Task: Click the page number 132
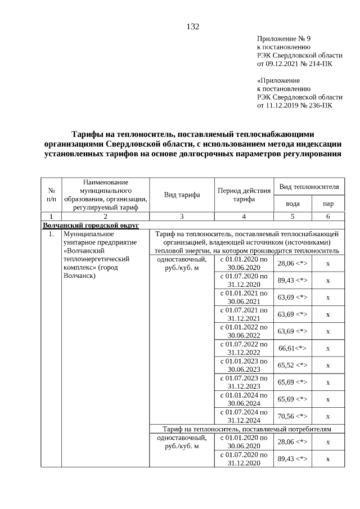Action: pos(192,27)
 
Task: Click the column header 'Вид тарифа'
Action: pos(182,195)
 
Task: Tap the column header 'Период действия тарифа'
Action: pos(244,195)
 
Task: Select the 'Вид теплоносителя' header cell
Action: pos(309,186)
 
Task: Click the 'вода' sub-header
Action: pos(292,204)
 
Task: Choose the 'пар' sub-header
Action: pos(327,204)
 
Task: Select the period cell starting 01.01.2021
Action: pos(244,298)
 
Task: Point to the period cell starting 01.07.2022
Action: pos(244,348)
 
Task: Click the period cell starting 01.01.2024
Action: pos(244,399)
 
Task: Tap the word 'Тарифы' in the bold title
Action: pos(88,134)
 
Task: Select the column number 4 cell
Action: pos(244,216)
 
